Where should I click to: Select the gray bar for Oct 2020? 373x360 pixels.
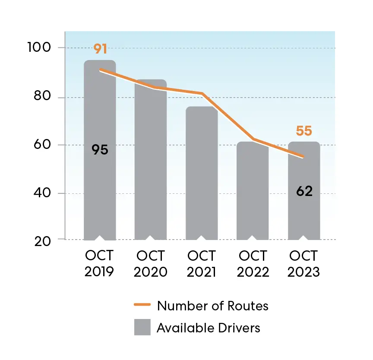point(150,173)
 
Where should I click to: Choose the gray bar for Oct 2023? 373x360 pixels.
point(304,216)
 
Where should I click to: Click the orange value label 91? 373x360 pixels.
point(100,49)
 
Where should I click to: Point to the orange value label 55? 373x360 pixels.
point(304,131)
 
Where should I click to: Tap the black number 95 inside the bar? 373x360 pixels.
point(100,150)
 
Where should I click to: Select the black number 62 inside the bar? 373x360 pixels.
point(304,191)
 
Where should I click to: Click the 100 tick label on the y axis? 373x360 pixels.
point(40,47)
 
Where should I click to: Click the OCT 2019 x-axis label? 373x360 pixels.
point(100,264)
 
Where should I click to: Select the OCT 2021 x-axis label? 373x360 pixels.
point(202,264)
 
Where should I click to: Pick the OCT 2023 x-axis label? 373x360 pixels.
point(304,264)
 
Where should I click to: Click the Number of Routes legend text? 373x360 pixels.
point(212,306)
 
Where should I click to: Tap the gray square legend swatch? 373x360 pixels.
point(142,327)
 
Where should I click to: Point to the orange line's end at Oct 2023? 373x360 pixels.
point(303,157)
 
